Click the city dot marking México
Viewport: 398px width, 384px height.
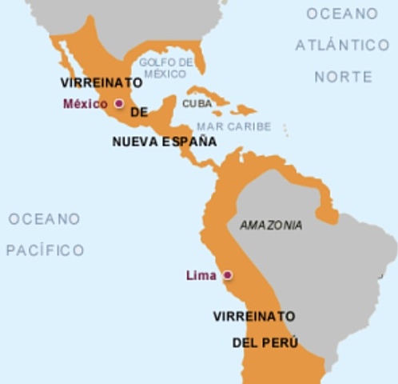click(119, 103)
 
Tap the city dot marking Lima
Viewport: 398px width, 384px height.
click(227, 275)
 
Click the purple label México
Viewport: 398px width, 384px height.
click(85, 103)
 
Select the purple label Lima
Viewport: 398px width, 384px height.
click(201, 275)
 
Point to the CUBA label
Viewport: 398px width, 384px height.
click(197, 103)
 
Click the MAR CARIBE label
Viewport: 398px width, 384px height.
click(233, 126)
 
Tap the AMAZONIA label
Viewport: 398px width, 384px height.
click(271, 226)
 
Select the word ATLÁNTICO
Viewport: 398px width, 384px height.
click(342, 46)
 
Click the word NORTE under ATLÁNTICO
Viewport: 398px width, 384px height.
click(343, 77)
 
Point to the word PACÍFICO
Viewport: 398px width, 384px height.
click(46, 250)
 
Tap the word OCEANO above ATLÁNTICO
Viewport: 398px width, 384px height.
click(342, 14)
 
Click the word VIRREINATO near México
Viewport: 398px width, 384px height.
click(101, 82)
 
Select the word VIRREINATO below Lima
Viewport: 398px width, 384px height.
click(254, 316)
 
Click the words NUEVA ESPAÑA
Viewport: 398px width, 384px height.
click(164, 141)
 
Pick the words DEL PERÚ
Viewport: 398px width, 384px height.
click(265, 342)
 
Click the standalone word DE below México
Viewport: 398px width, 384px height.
click(139, 112)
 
